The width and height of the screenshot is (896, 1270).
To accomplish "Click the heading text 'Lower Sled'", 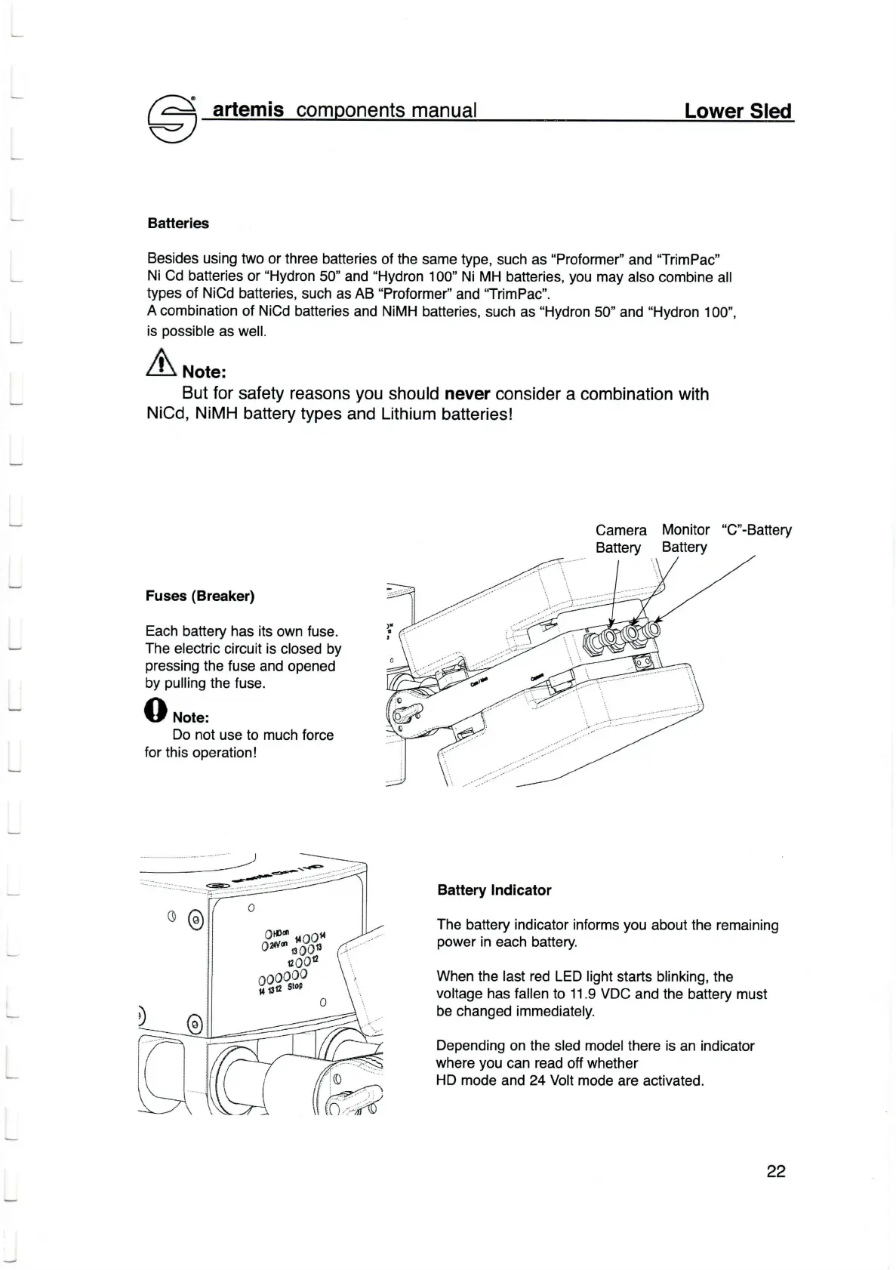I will pyautogui.click(x=738, y=111).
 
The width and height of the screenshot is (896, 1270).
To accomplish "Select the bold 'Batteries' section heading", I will pyautogui.click(x=178, y=223).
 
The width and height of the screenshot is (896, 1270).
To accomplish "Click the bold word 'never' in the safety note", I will pyautogui.click(x=467, y=394).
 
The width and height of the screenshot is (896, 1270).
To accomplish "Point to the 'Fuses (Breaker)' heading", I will pyautogui.click(x=200, y=596).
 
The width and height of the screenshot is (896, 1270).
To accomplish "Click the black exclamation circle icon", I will pyautogui.click(x=155, y=710).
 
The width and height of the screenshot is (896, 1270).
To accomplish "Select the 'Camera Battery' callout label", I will pyautogui.click(x=620, y=538).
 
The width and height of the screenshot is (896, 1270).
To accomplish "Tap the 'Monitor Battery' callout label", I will pyautogui.click(x=685, y=538).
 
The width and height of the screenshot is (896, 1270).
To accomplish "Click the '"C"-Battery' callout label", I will pyautogui.click(x=756, y=530).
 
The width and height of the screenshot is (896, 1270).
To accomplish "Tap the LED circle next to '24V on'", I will pyautogui.click(x=265, y=948).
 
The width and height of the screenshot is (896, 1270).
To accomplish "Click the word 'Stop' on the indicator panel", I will pyautogui.click(x=294, y=986).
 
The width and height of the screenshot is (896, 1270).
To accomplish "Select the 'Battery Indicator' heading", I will pyautogui.click(x=494, y=890).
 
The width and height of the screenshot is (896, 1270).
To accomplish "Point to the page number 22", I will pyautogui.click(x=776, y=1171).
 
